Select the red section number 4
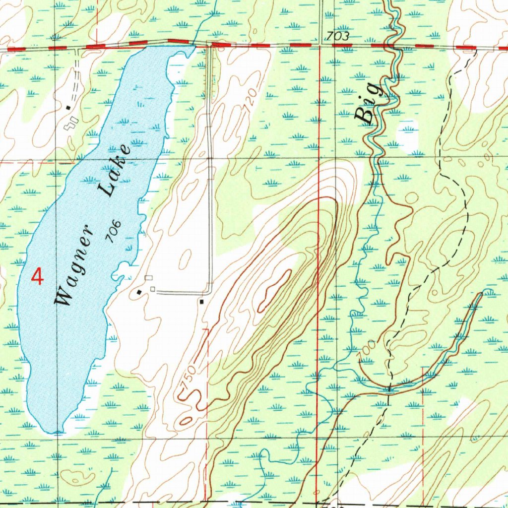point(37,276)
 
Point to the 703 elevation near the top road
point(338,36)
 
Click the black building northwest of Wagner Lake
point(68,107)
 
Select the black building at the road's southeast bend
point(201,301)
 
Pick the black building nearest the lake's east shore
point(139,292)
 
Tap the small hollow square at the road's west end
point(153,289)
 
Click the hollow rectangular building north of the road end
point(148,277)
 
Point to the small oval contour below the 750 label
point(186,421)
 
